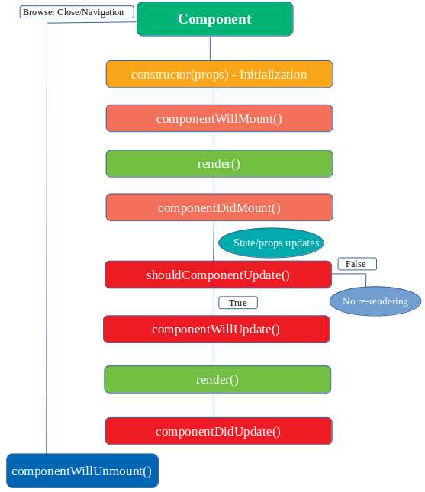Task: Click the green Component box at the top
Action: coord(214,19)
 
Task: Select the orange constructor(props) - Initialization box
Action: coord(219,74)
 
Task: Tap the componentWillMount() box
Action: coord(219,118)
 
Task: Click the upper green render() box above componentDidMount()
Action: coord(219,163)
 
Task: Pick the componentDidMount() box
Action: coord(219,207)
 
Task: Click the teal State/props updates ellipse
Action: coord(272,243)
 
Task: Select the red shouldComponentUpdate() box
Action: coord(218,275)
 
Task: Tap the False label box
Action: coord(356,264)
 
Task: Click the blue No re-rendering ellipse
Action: coord(375,301)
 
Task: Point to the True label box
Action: coord(237,303)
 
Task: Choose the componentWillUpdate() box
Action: coord(216,329)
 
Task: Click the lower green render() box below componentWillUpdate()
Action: coord(217,379)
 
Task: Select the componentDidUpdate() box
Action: coord(218,431)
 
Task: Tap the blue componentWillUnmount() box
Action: coord(82,471)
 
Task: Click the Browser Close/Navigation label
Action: coord(73,12)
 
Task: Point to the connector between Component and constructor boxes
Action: coord(209,48)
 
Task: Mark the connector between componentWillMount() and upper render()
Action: coord(214,141)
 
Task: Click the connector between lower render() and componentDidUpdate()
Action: coord(214,405)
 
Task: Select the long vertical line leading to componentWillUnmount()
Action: coord(47,229)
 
